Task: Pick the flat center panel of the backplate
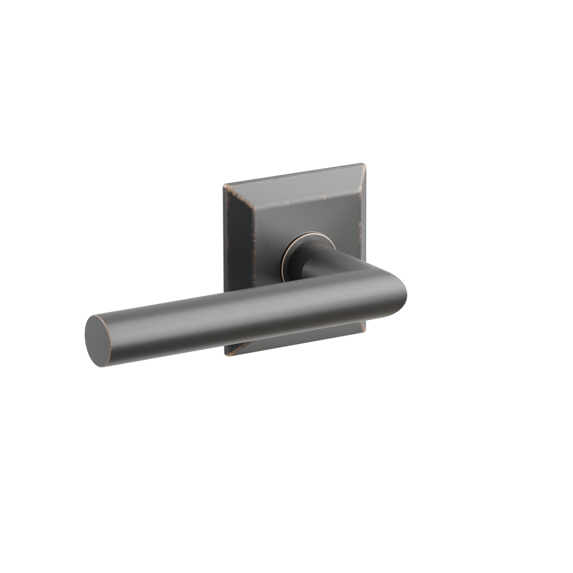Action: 297,219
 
